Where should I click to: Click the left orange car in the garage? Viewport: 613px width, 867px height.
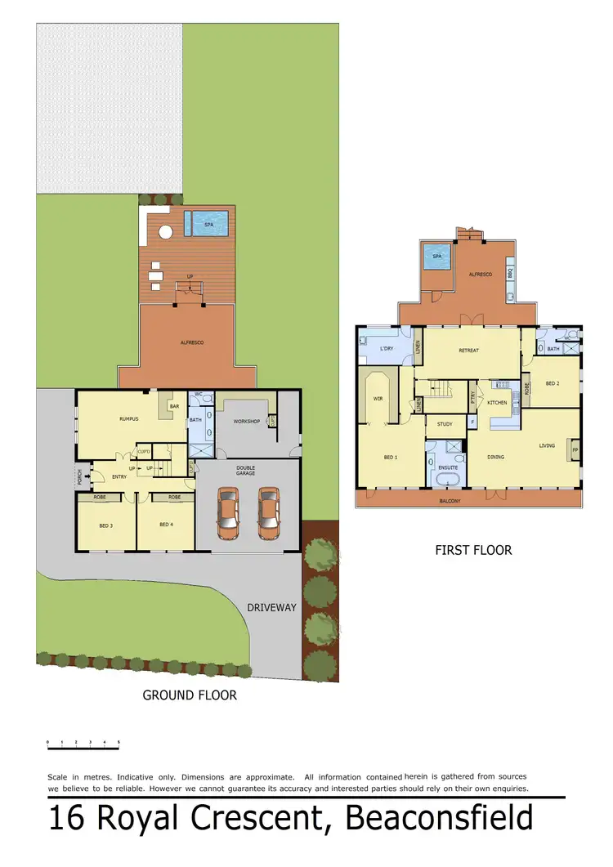coord(230,513)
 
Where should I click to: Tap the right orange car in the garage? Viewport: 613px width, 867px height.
coord(268,513)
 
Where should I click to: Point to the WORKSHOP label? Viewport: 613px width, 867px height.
coord(246,422)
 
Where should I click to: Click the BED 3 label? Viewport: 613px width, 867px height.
coord(106,525)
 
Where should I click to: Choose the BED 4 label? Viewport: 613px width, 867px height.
coord(166,525)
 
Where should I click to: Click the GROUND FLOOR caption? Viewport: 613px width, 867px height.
coord(190,695)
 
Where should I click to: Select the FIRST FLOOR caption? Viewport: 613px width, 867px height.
coord(473,550)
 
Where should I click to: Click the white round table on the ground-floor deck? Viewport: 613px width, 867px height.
coord(165,231)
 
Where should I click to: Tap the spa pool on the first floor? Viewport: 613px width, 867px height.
coord(437,258)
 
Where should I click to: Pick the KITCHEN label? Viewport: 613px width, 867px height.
coord(497,402)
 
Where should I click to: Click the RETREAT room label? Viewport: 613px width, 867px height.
coord(468,351)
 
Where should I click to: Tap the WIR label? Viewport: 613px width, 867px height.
coord(378,400)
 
